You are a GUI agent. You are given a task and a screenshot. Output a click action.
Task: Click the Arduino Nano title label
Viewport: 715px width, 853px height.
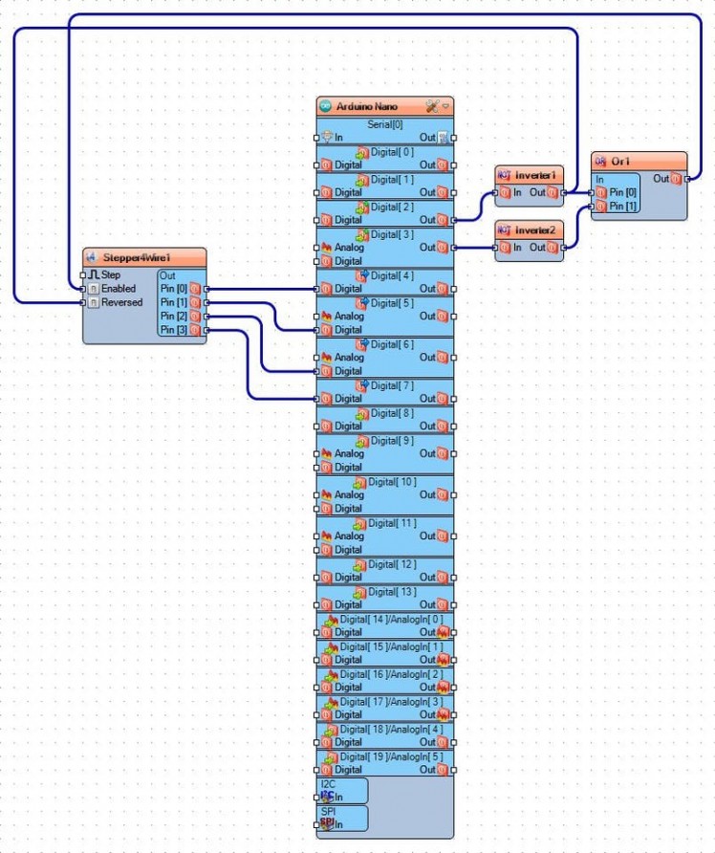click(x=366, y=106)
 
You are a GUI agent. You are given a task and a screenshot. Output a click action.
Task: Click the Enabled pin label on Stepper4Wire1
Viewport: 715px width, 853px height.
click(x=119, y=289)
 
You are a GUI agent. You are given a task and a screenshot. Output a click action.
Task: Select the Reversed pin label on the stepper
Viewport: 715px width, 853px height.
click(x=121, y=302)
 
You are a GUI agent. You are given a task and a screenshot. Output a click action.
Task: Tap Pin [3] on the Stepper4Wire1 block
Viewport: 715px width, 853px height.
click(x=175, y=330)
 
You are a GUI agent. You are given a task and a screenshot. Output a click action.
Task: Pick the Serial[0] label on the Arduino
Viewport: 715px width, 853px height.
click(x=384, y=124)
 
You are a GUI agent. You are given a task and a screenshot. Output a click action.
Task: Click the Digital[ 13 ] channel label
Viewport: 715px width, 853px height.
click(x=392, y=592)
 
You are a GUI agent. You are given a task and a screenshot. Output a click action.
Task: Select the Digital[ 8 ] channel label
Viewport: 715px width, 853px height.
click(x=392, y=413)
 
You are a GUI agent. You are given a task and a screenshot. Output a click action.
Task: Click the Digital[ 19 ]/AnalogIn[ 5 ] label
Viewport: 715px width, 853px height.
click(x=391, y=756)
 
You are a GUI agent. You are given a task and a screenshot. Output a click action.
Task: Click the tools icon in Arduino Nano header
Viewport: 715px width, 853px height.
click(x=431, y=106)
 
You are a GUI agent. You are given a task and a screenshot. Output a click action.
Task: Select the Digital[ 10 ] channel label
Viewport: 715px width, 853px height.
click(x=392, y=482)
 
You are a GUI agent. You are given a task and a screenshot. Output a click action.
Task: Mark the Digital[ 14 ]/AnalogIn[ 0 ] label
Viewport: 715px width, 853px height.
click(x=391, y=619)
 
